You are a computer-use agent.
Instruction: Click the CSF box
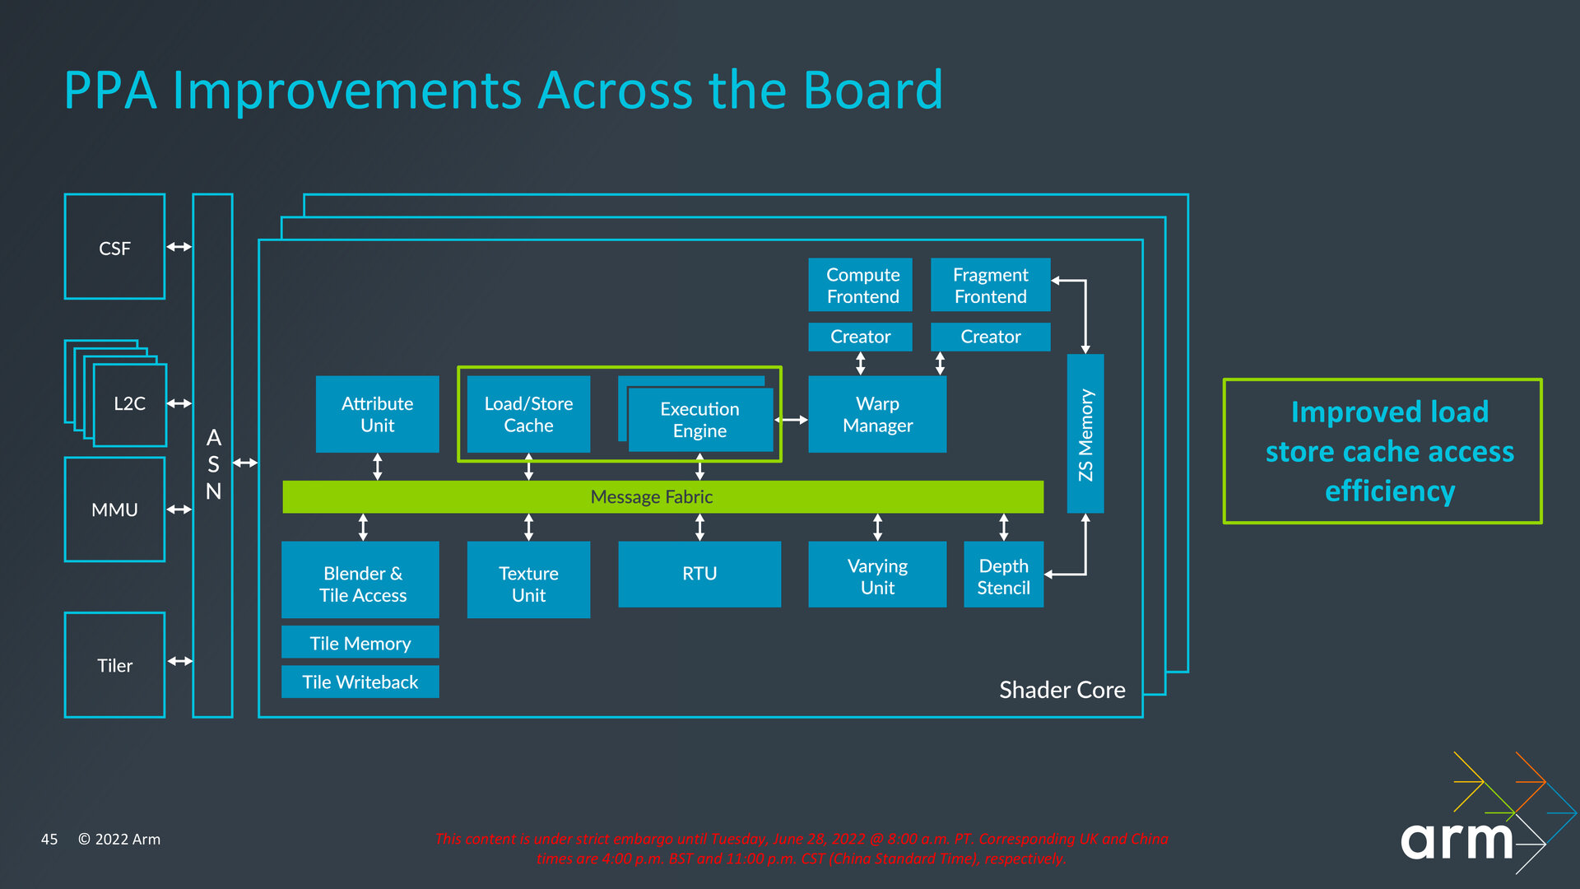(x=114, y=247)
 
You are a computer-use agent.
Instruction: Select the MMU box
(x=114, y=510)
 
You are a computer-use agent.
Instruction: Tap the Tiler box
(x=114, y=665)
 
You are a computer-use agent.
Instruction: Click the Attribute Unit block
(x=377, y=414)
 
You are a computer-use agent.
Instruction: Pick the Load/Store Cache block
(x=528, y=414)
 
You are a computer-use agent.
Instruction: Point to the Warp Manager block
(x=877, y=414)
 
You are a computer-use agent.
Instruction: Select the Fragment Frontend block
(x=990, y=285)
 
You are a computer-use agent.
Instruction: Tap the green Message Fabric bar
(x=662, y=497)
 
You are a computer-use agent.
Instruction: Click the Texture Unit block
(x=528, y=579)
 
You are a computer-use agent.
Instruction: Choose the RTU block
(x=699, y=574)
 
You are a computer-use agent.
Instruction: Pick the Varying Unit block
(x=877, y=574)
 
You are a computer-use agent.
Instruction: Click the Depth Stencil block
(x=1003, y=574)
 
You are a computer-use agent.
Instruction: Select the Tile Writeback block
(x=360, y=682)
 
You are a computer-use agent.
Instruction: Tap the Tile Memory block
(x=360, y=642)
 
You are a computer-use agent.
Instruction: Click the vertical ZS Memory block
(x=1085, y=434)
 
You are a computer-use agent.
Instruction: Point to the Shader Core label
(x=1062, y=690)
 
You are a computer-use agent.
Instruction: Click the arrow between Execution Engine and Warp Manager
(x=792, y=420)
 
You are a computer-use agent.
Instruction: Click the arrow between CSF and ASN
(x=179, y=246)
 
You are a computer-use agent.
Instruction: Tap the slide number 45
(x=49, y=839)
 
